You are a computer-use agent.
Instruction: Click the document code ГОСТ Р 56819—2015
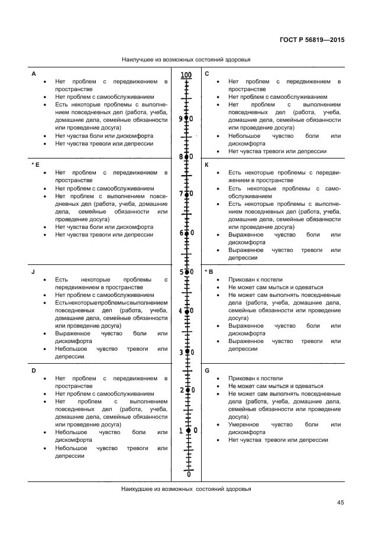coord(311,40)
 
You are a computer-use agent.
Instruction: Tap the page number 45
coord(340,503)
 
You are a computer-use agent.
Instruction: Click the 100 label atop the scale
coord(186,75)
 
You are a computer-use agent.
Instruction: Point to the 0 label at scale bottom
coord(189,474)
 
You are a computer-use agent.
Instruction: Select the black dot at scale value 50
coord(187,272)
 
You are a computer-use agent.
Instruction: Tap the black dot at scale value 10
coord(189,431)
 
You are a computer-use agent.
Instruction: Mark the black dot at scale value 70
coord(187,194)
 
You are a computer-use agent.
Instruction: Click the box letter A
coord(33,74)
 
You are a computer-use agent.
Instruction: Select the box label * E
coord(35,164)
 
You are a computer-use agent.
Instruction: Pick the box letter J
coord(33,271)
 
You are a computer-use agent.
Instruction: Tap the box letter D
coord(33,370)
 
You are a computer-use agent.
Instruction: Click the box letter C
coord(207,74)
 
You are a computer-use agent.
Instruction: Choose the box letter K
coord(207,164)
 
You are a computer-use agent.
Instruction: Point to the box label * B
coord(208,271)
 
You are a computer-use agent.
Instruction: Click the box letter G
coord(207,370)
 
